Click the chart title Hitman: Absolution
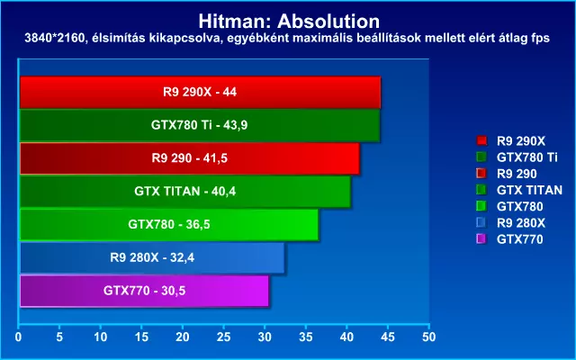(288, 20)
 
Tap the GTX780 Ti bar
(199, 125)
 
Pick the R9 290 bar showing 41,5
(189, 158)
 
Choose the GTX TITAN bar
(184, 191)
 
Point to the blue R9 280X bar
(152, 257)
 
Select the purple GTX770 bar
(144, 291)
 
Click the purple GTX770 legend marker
(481, 239)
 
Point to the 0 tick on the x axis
(19, 337)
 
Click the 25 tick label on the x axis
(224, 337)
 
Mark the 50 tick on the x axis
(429, 337)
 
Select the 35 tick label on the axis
(306, 337)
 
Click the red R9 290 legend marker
(481, 174)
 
